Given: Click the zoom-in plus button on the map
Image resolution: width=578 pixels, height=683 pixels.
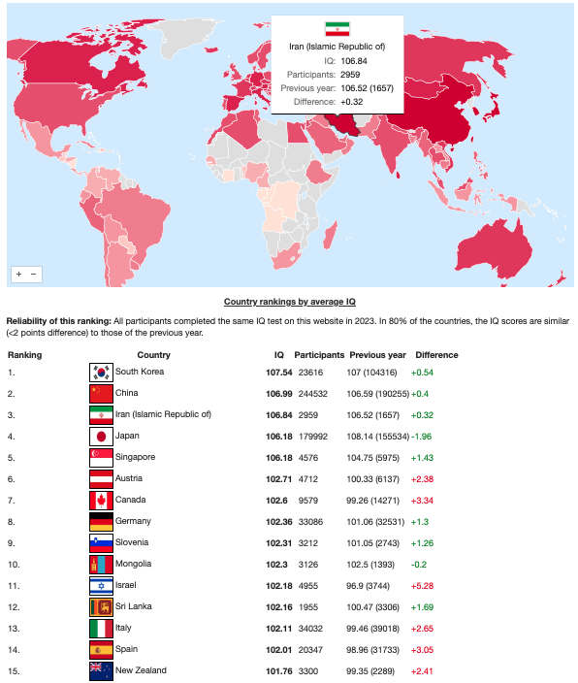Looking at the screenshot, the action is coord(18,274).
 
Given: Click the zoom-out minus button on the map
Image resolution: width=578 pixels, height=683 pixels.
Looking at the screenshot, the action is coord(33,274).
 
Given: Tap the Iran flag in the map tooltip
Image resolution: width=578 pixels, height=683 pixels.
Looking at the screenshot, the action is coord(337,29).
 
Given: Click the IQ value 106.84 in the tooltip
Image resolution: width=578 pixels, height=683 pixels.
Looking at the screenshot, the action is coord(354,61).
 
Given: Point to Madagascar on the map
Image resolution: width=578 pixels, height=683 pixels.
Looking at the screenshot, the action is coord(330,235).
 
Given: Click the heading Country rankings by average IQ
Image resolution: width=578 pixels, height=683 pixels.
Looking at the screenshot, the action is coord(290,302).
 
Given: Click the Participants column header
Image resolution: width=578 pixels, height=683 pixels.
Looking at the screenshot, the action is coord(319,355).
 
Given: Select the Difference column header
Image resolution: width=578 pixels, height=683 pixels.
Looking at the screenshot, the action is coord(436,355).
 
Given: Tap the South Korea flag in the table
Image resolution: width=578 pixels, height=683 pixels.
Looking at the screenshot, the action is coord(101,373).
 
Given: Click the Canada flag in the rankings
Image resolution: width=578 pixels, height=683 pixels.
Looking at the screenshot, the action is coord(101,501).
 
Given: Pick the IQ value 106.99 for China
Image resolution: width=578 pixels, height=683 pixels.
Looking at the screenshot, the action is coord(278,394).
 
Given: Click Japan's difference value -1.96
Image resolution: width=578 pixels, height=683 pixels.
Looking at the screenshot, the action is coord(422,437).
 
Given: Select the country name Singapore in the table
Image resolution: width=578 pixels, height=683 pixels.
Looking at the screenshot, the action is coord(135,457).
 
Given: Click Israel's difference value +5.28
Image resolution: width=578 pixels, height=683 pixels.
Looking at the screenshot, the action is coord(422,586).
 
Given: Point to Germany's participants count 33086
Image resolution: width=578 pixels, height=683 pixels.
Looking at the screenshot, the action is coord(310,522).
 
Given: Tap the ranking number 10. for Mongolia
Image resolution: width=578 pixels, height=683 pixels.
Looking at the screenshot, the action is coord(14,565).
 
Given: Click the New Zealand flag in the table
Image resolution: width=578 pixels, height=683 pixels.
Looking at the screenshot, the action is coord(101,671).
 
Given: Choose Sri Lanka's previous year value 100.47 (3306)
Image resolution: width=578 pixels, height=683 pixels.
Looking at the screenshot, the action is coord(372,607).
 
